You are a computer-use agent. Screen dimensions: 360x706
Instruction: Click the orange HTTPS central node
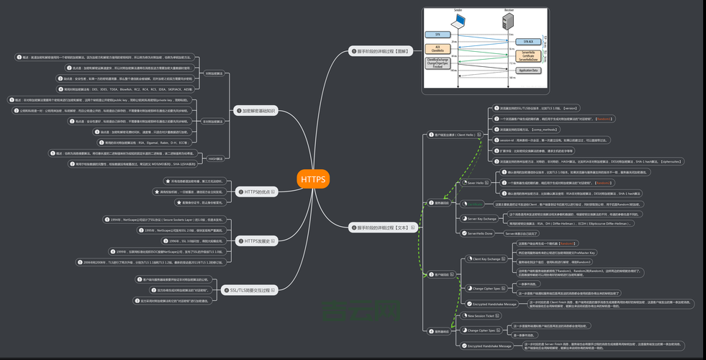(313, 179)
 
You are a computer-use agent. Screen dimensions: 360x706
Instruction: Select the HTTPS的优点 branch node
(258, 192)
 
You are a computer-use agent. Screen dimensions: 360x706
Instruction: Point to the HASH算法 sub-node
(214, 158)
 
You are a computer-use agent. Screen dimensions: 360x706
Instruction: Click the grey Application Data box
(528, 70)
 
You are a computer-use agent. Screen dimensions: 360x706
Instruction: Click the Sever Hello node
(476, 183)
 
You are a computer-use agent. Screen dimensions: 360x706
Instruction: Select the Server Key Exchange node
(481, 218)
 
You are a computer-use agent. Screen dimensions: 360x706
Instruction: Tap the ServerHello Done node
(479, 233)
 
